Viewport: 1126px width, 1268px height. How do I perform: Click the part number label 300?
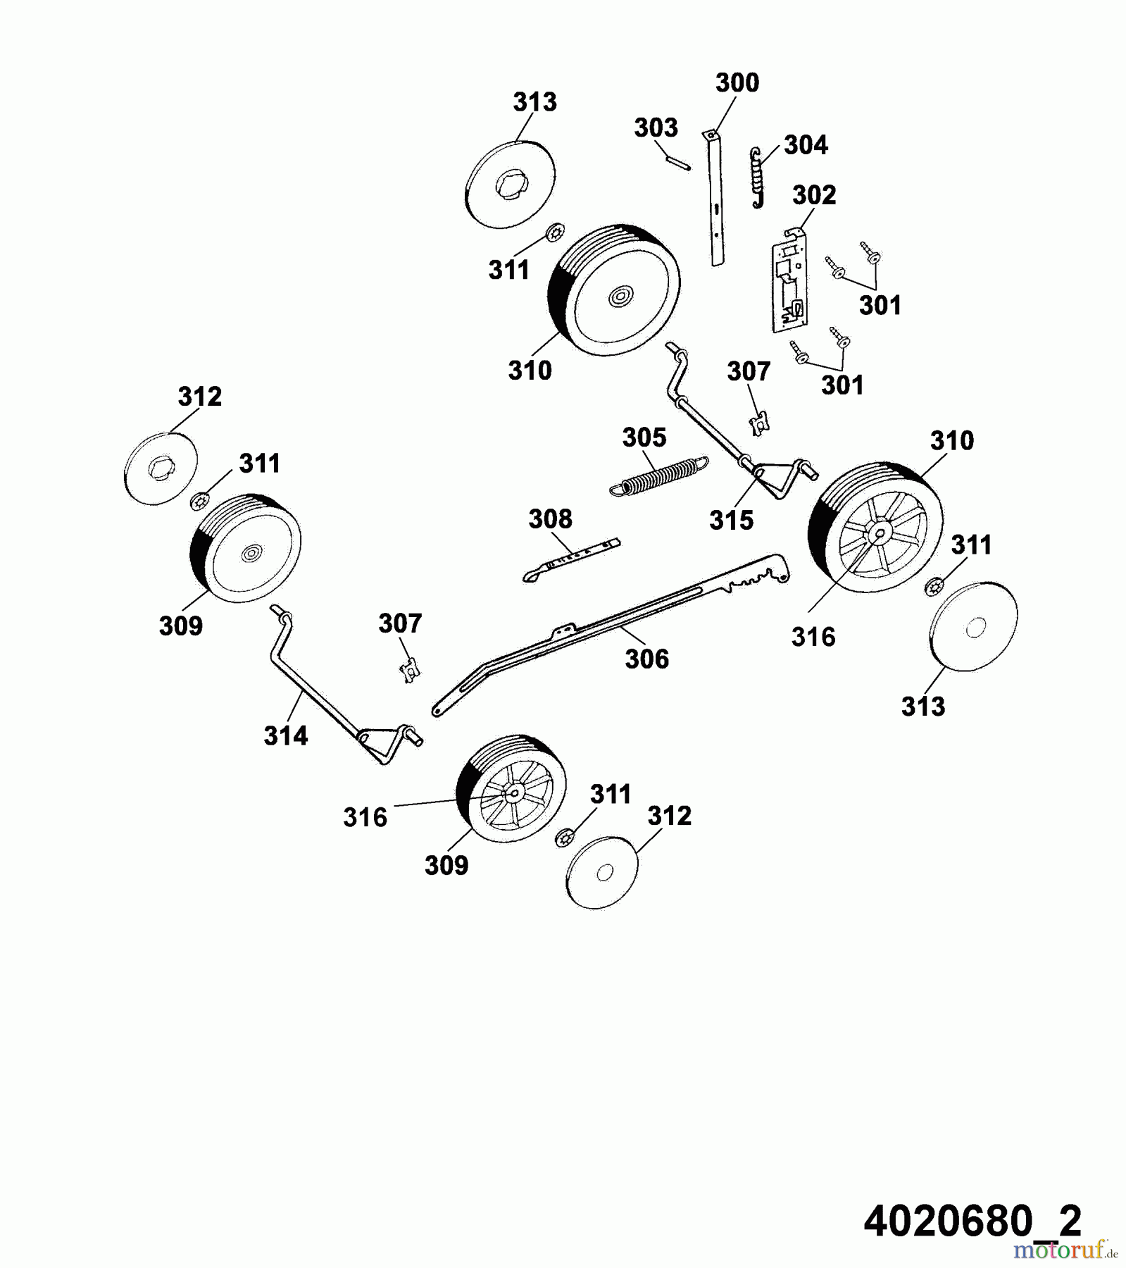[737, 83]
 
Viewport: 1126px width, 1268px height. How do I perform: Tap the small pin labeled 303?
[678, 162]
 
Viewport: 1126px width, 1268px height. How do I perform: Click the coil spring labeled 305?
[659, 477]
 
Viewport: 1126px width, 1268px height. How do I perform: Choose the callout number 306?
[646, 659]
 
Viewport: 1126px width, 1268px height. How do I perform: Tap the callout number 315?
[731, 521]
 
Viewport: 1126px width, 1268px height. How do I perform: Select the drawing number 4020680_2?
[972, 1221]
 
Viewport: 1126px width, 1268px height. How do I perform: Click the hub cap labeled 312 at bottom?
[601, 873]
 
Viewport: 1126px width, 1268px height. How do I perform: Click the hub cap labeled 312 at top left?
[160, 468]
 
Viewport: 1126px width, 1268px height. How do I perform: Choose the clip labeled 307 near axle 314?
[408, 669]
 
